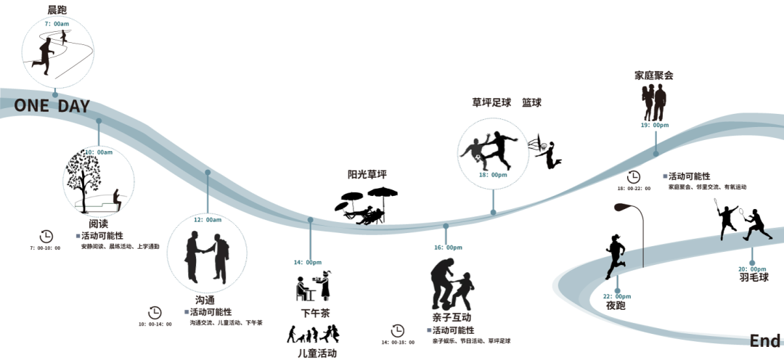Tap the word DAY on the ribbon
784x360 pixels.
(74, 106)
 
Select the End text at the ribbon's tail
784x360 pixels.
(765, 341)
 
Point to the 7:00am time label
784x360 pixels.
(57, 24)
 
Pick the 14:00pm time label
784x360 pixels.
(309, 262)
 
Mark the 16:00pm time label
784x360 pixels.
(448, 247)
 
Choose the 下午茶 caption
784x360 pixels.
(310, 314)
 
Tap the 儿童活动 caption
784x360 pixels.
(317, 353)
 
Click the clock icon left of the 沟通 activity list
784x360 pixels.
(155, 312)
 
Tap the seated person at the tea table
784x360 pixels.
(301, 289)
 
